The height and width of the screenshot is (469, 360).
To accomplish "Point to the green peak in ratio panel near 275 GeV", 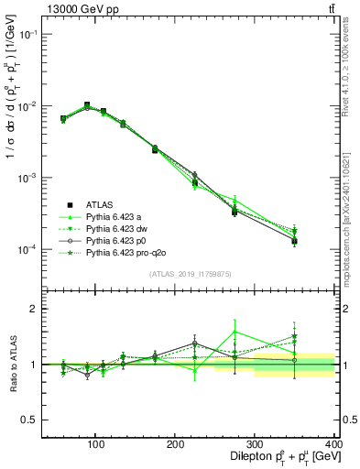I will coord(235,332).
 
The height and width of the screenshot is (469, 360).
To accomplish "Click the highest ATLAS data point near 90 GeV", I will coord(86,105).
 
